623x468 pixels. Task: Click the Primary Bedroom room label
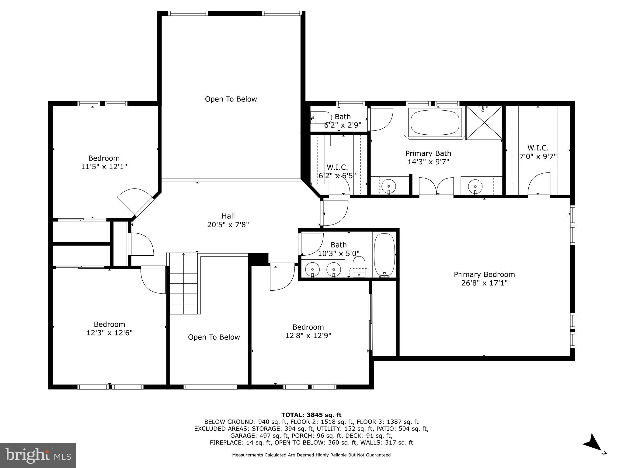[x=484, y=274]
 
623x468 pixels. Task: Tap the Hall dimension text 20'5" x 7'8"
[x=228, y=225]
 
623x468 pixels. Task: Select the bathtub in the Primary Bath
[x=435, y=122]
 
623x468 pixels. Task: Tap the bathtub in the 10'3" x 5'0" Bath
[x=384, y=254]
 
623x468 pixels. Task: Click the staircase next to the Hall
[x=183, y=283]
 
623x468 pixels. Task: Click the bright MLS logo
[x=38, y=455]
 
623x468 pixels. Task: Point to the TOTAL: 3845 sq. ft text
[x=311, y=415]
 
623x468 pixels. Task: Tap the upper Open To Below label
[x=231, y=99]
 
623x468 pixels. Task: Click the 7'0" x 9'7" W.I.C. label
[x=538, y=152]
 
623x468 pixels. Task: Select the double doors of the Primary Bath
[x=436, y=186]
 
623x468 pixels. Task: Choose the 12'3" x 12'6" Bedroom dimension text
[x=109, y=333]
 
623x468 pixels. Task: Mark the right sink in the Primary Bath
[x=475, y=185]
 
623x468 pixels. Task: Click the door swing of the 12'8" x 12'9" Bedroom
[x=281, y=277]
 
